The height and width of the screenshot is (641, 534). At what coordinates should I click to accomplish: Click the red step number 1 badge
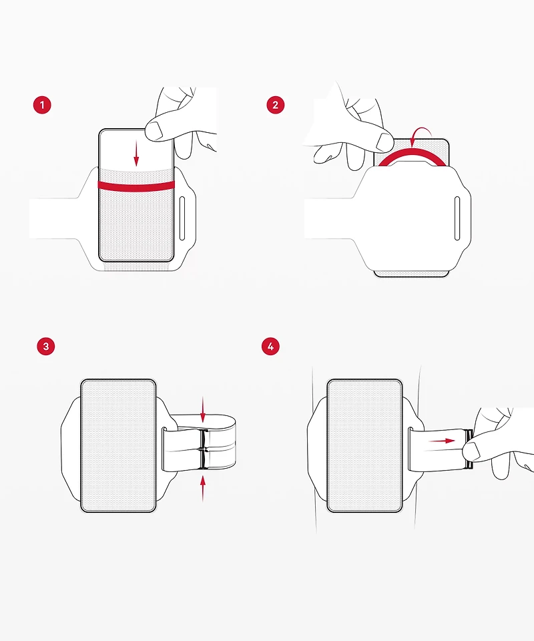(42, 105)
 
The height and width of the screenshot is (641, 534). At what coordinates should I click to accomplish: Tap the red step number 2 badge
(276, 105)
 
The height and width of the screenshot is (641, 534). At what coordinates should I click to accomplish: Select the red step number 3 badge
(46, 347)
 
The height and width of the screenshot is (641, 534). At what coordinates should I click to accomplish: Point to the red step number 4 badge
(270, 347)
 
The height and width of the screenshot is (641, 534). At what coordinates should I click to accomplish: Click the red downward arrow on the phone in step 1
(136, 156)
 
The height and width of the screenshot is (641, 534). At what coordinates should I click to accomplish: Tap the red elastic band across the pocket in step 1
(136, 186)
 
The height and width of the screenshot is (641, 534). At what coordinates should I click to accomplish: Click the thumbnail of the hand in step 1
(154, 132)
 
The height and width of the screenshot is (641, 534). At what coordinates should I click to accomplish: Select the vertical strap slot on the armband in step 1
(182, 218)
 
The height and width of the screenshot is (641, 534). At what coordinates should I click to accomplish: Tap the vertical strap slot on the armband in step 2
(457, 218)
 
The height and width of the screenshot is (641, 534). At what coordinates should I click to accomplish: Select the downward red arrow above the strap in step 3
(203, 409)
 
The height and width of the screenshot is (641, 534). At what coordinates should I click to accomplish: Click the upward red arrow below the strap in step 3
(203, 489)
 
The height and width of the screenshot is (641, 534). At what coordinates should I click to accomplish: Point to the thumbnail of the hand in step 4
(471, 451)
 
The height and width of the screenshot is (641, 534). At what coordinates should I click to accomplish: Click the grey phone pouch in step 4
(365, 445)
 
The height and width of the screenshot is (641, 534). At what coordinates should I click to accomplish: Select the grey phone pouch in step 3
(119, 445)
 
